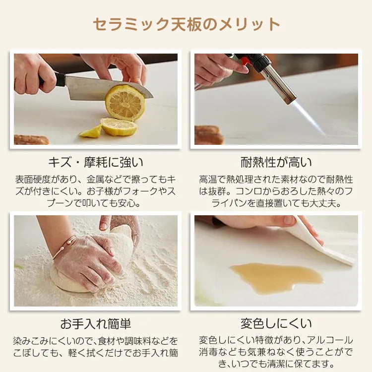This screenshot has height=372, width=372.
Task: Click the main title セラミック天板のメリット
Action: pyautogui.click(x=186, y=24)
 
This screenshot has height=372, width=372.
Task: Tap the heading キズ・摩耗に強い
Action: pyautogui.click(x=96, y=163)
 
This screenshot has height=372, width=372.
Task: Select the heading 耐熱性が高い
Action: pyautogui.click(x=276, y=163)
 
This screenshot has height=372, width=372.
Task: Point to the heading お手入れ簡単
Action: pyautogui.click(x=95, y=324)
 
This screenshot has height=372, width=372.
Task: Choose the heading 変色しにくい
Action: pyautogui.click(x=276, y=324)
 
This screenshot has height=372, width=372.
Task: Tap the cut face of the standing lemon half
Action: pyautogui.click(x=124, y=103)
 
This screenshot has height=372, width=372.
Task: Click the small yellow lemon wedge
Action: pyautogui.click(x=90, y=132)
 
